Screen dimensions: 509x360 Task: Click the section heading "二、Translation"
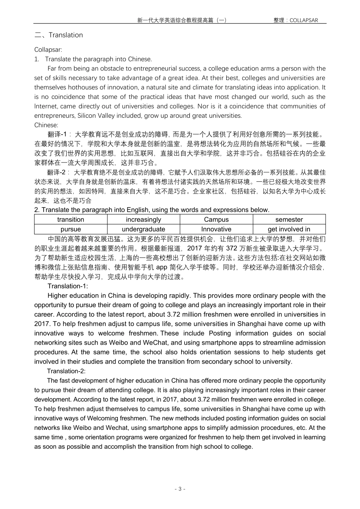(58, 35)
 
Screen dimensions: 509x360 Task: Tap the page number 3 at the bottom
(180, 489)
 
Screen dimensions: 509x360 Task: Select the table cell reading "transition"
(70, 220)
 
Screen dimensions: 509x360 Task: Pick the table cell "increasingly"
(144, 220)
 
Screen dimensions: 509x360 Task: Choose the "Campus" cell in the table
(216, 220)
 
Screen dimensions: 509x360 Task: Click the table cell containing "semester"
(289, 220)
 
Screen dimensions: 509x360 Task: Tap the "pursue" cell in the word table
(70, 229)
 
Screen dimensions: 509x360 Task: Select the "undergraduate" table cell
(144, 229)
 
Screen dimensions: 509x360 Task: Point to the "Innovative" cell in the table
(216, 229)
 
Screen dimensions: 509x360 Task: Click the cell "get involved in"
(289, 229)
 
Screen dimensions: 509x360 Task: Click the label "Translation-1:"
(67, 286)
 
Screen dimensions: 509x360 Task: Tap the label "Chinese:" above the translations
(46, 125)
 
